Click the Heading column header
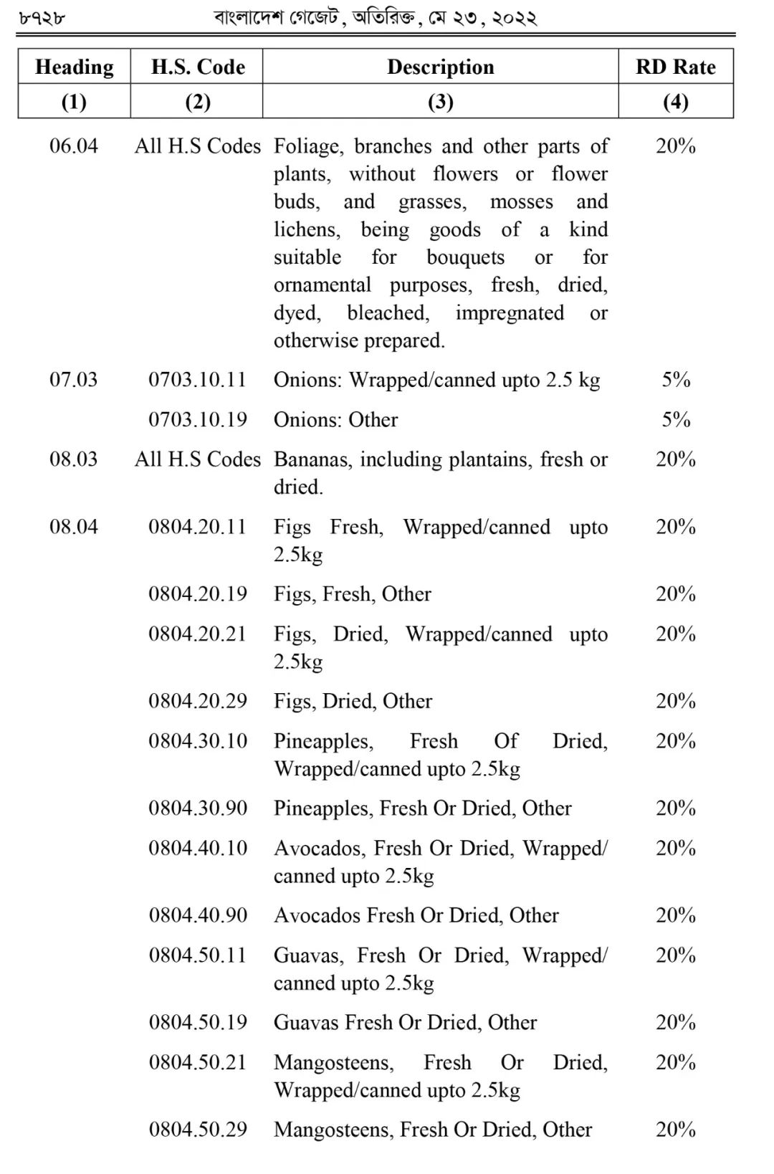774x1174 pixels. tap(74, 67)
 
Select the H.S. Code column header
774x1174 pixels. tap(198, 67)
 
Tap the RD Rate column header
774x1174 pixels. tap(675, 67)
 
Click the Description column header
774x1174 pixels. tap(440, 67)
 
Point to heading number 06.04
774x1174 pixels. tap(73, 146)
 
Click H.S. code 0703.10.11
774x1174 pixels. tap(197, 380)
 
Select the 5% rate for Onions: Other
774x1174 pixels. tap(675, 419)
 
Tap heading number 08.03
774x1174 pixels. tap(73, 459)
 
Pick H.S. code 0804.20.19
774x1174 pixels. tap(197, 594)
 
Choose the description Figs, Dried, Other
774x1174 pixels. tap(353, 701)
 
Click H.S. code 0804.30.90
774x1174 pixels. tap(198, 808)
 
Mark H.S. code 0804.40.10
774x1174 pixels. tap(198, 848)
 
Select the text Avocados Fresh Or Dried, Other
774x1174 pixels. tap(416, 915)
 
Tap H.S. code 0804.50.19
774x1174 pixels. tap(198, 1022)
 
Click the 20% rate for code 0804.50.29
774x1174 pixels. tap(675, 1130)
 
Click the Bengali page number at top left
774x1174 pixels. tap(41, 18)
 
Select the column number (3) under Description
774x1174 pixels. tap(440, 102)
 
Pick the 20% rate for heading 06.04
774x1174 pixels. tap(675, 146)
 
